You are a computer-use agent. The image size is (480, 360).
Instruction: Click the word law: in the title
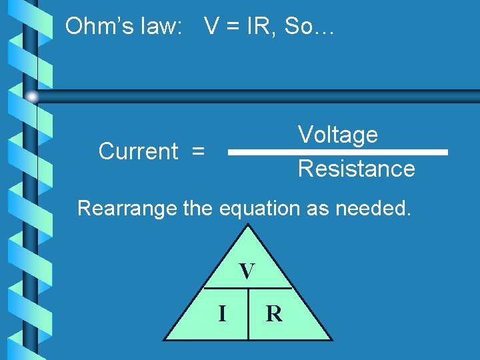(160, 27)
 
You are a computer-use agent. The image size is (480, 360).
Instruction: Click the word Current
(138, 152)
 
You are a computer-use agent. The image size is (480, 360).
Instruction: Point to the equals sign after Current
(198, 152)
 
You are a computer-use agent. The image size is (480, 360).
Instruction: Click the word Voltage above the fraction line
(338, 135)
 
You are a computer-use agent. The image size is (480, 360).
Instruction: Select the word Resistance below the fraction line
(356, 169)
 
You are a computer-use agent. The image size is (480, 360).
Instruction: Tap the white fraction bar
(337, 152)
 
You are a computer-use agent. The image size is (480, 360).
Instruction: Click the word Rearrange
(127, 208)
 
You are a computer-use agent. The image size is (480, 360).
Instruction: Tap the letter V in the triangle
(247, 271)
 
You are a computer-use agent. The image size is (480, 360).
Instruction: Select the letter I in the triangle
(222, 312)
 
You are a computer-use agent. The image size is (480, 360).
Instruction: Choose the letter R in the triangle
(274, 313)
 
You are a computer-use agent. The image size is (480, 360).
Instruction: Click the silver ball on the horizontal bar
(32, 97)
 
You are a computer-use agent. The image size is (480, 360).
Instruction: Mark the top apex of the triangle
(248, 225)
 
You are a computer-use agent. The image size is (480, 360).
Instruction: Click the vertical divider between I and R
(248, 313)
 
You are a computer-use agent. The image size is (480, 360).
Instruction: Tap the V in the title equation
(212, 27)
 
